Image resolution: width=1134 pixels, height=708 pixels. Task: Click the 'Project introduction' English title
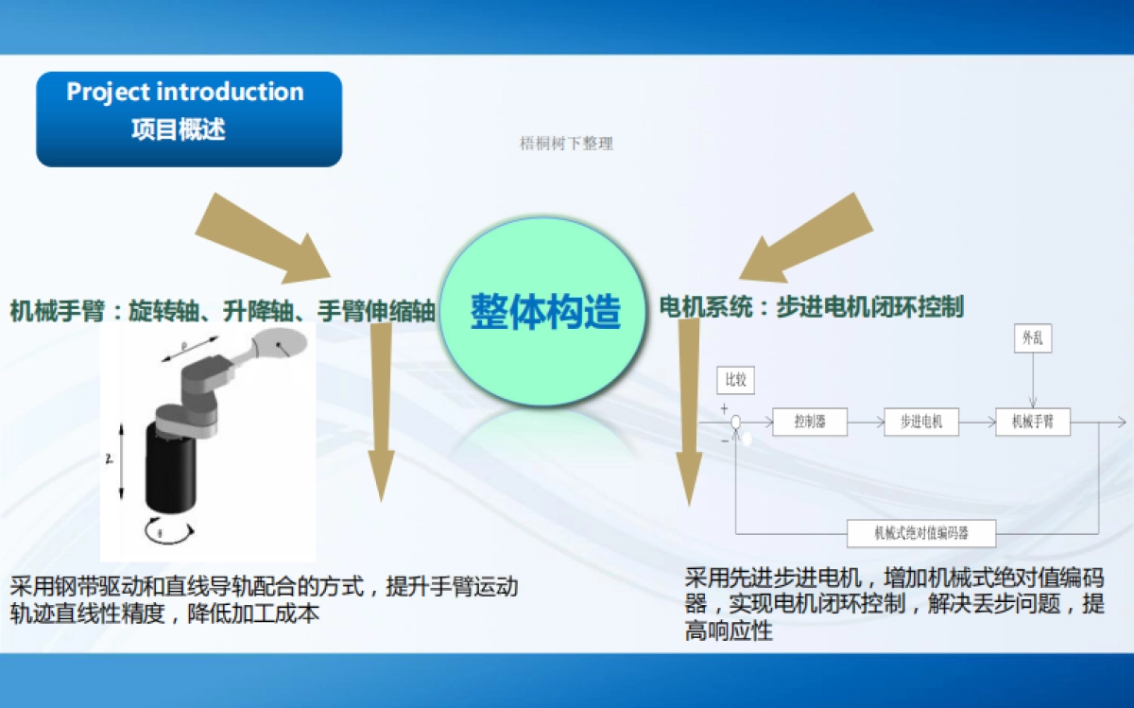(185, 93)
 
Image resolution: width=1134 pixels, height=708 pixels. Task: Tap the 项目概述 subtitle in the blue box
(178, 130)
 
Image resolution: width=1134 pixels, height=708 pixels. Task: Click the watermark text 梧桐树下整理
(566, 144)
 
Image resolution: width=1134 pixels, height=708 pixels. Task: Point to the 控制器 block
(809, 422)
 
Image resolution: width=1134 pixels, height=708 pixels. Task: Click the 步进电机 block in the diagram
(920, 422)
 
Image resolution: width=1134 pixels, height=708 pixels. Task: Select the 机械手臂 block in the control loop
(1033, 422)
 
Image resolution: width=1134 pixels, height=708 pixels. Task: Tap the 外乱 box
(1032, 337)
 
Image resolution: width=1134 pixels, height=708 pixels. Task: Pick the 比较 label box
(735, 380)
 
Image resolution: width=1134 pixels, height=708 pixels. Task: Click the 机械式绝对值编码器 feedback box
(921, 533)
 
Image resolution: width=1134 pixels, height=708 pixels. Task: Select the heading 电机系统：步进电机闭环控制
(811, 307)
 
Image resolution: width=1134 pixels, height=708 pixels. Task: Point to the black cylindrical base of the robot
(170, 465)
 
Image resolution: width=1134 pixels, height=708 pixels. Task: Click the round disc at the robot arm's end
(283, 346)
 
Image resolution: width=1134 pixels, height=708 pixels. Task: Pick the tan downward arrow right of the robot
(381, 406)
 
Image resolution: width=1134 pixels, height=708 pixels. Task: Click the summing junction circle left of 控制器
(735, 423)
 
